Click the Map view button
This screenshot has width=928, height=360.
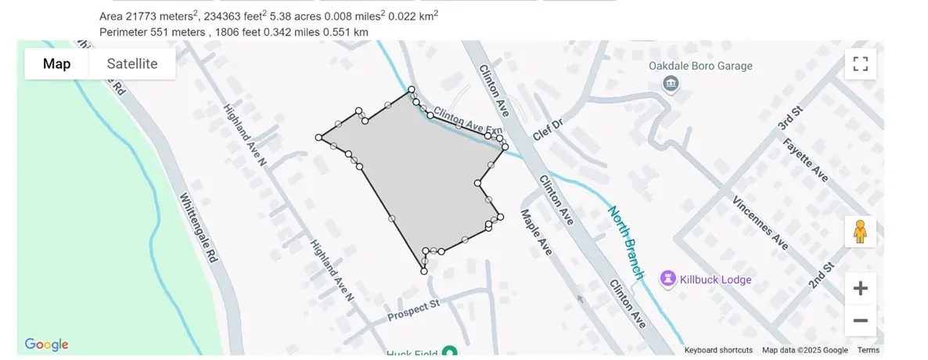(56, 64)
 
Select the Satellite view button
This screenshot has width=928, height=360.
(132, 64)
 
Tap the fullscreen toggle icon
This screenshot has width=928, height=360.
(860, 64)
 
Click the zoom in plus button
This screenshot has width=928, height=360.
(860, 289)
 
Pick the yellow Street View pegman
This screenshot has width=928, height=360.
(860, 232)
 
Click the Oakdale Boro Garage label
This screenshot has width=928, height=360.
(700, 67)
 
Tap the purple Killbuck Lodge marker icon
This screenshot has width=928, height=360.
(667, 278)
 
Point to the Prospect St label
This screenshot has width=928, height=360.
(415, 311)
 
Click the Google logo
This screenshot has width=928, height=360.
(47, 344)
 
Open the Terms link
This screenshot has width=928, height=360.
(868, 351)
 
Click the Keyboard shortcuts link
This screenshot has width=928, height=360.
(718, 351)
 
